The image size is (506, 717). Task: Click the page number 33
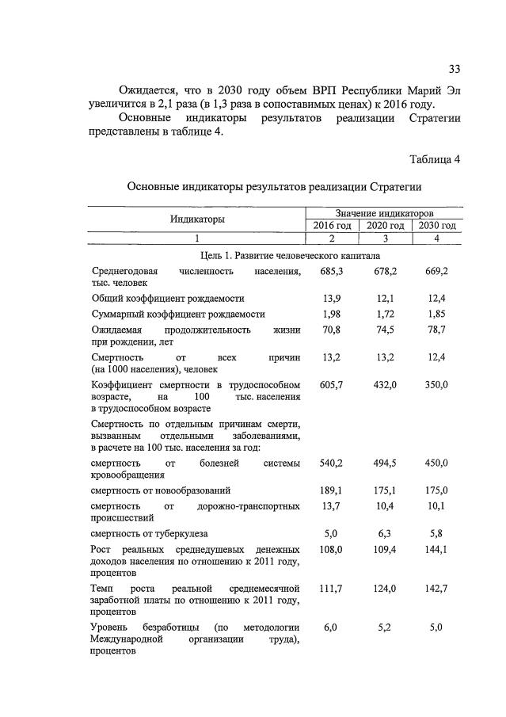tap(454, 67)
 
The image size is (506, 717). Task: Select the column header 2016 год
tap(332, 226)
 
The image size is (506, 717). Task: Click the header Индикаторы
tap(196, 219)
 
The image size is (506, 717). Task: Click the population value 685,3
tap(331, 272)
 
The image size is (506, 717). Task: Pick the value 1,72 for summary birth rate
tap(385, 315)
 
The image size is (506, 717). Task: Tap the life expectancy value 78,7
tap(436, 330)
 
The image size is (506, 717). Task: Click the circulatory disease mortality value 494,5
tap(385, 463)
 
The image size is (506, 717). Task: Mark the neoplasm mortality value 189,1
tap(331, 490)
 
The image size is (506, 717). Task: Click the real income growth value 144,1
tap(436, 549)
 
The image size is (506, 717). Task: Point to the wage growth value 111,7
tap(331, 589)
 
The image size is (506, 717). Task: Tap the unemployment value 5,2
tap(385, 627)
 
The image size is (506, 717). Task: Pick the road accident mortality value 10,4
tap(385, 505)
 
